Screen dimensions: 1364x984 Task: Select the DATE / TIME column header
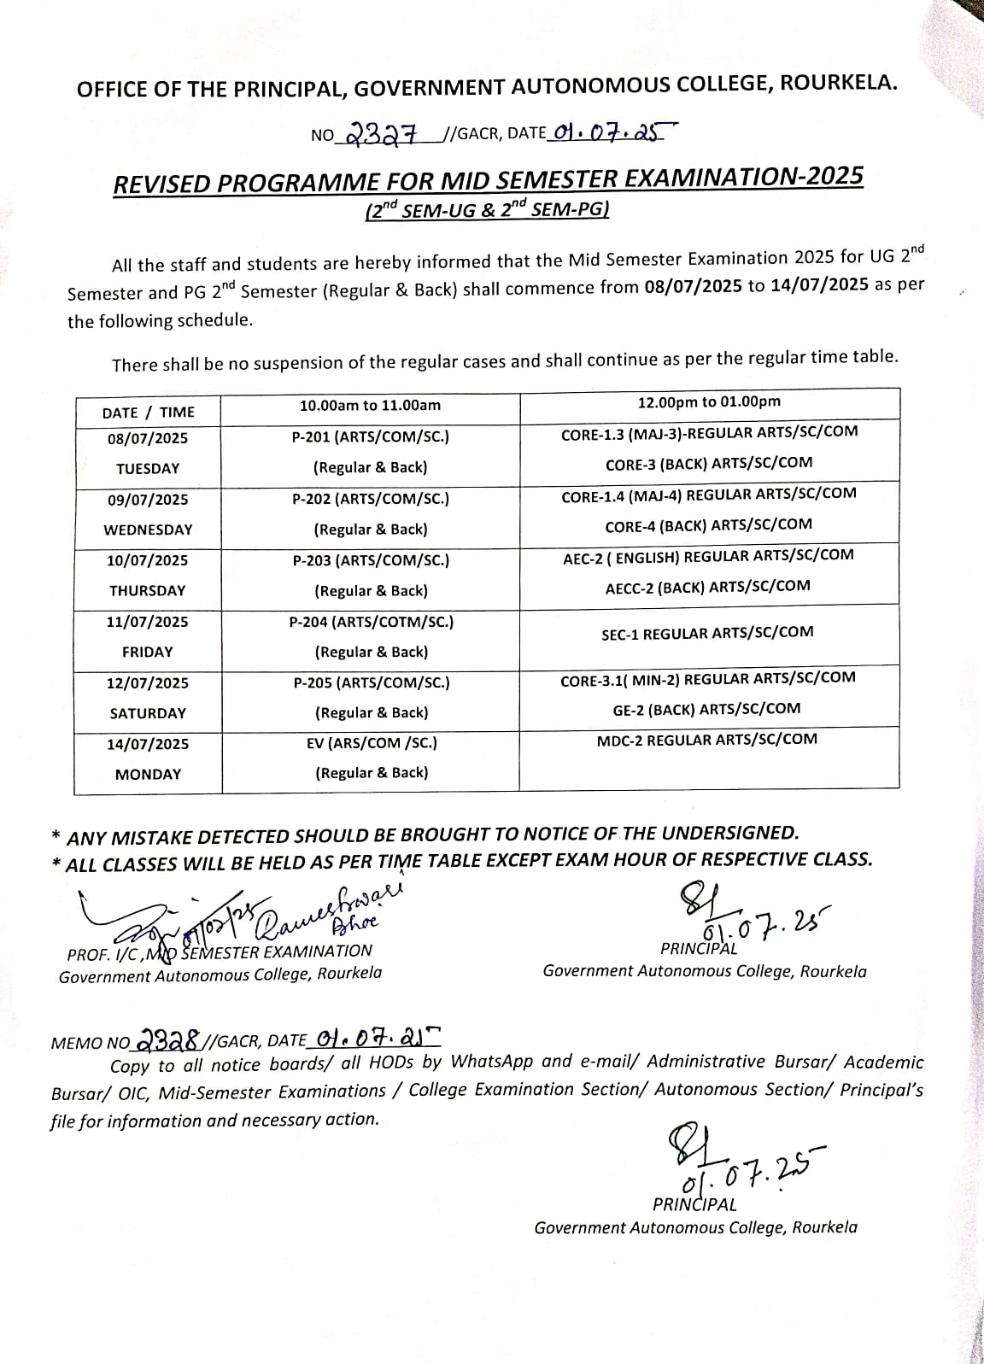(148, 412)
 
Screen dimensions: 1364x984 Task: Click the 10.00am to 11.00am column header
(370, 406)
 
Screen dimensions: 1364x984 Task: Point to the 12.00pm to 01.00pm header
(709, 402)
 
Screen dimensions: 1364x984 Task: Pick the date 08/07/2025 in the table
(148, 438)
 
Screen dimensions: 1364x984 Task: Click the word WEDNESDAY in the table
(148, 530)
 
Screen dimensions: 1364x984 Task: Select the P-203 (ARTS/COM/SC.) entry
(371, 560)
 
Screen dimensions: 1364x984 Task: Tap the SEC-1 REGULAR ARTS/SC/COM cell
(707, 634)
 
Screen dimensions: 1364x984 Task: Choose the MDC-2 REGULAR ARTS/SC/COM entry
(706, 740)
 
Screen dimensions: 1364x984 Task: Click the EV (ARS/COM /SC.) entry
(372, 743)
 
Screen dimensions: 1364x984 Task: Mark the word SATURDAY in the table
(148, 713)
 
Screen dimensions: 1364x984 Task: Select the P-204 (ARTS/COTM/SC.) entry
(371, 622)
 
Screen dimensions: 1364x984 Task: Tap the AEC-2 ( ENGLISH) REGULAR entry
(708, 556)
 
